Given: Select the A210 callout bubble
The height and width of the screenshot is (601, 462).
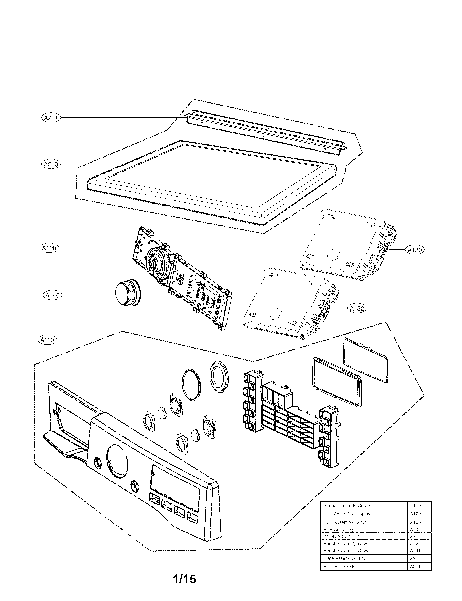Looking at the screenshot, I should [x=51, y=164].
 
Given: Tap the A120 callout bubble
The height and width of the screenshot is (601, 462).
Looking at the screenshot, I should [x=49, y=248].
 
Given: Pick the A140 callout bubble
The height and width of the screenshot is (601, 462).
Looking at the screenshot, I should [x=52, y=296].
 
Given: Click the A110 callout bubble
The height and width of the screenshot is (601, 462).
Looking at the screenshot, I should [x=47, y=340].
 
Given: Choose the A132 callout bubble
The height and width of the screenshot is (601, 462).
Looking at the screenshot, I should [x=357, y=308].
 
